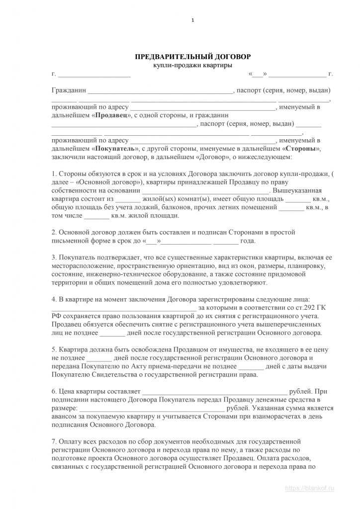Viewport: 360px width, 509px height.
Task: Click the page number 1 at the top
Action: click(x=193, y=20)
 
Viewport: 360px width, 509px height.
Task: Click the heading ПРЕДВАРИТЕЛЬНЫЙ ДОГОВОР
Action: click(x=193, y=57)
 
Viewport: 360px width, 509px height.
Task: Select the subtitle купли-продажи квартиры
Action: click(x=193, y=65)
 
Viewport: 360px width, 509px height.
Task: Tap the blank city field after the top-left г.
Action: click(x=94, y=75)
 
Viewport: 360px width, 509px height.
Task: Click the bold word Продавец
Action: click(x=110, y=115)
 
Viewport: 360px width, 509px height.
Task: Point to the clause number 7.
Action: click(x=54, y=441)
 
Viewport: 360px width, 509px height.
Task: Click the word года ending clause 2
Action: click(x=248, y=241)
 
